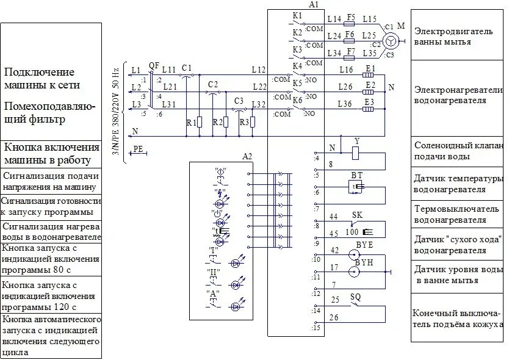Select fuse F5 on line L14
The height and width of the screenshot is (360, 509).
coord(350,25)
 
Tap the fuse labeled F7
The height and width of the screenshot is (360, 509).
coord(350,58)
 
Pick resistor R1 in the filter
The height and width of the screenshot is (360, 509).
coord(200,122)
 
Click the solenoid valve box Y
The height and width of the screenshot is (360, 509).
coord(356,153)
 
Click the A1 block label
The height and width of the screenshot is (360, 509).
coord(314,4)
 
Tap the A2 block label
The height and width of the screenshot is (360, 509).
coord(247,156)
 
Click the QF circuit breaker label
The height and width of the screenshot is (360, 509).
coord(154,64)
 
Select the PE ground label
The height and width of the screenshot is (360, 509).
coord(139,148)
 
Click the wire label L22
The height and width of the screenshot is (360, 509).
coord(259,87)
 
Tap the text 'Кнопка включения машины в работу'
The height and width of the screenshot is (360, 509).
coord(51,154)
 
